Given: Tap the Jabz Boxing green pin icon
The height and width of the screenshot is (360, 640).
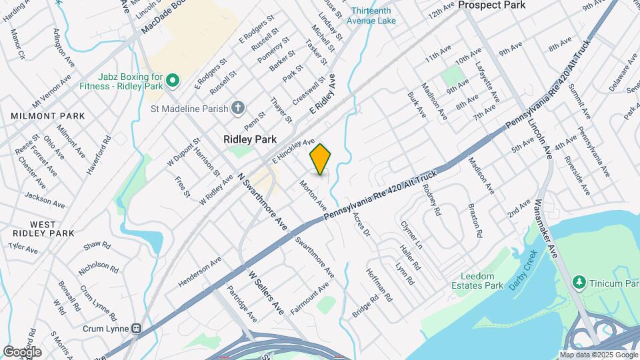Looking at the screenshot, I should [173, 81].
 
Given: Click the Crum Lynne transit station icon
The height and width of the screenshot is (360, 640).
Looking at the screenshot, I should [137, 328].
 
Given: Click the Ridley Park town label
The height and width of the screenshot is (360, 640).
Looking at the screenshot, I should [249, 140].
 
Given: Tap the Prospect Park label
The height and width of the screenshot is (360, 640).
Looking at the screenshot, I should [491, 5].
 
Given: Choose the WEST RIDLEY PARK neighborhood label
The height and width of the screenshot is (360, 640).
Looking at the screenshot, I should [43, 229].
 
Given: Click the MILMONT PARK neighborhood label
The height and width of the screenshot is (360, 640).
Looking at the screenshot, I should [47, 116].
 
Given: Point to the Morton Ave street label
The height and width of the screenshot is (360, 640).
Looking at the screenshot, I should [313, 193].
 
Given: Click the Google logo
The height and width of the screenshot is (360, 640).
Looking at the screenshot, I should [22, 351].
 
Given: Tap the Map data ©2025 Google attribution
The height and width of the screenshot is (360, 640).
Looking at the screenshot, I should [598, 355].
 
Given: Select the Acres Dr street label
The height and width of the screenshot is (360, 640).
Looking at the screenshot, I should [361, 225].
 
